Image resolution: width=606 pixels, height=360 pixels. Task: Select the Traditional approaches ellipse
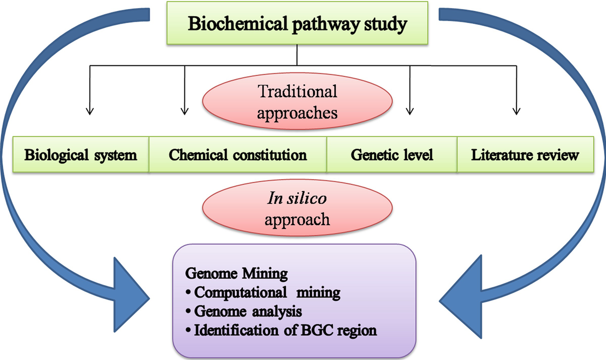coord(297,101)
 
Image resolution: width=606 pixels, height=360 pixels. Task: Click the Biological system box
coord(81,155)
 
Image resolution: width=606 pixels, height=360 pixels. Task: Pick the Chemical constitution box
coord(238,155)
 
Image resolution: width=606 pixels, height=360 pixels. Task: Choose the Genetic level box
coord(392,155)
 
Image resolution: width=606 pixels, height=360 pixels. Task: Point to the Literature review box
coord(525,155)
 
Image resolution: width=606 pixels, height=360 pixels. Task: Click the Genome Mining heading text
coord(236,274)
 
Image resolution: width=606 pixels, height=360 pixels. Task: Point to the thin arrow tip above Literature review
coord(516,113)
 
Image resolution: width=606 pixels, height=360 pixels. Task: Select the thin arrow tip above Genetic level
coord(410,113)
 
